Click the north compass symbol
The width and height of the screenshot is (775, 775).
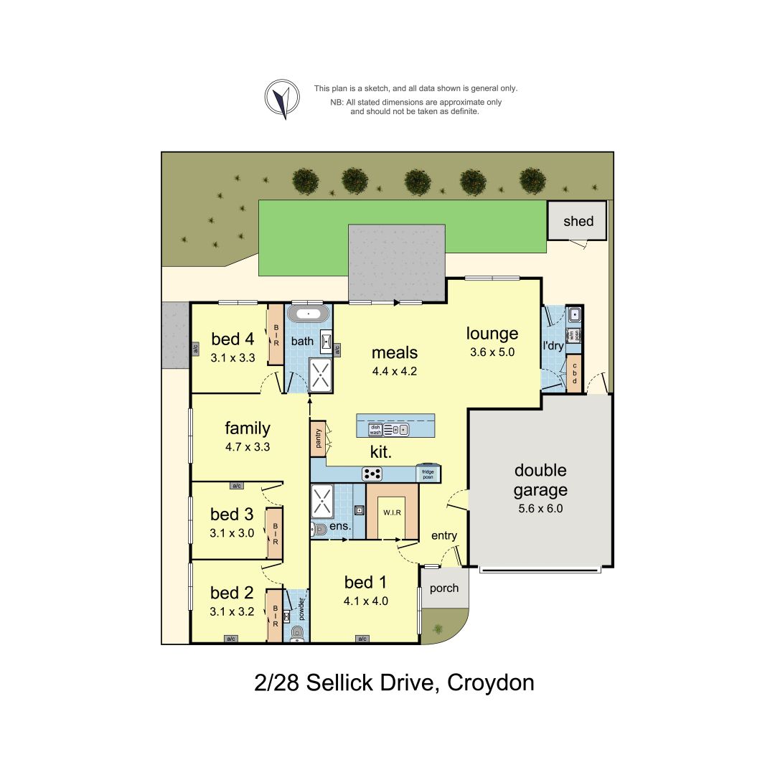tap(282, 98)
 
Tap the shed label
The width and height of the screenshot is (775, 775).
tap(578, 221)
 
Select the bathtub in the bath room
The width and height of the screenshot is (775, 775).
tap(309, 314)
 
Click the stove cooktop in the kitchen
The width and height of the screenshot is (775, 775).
tap(372, 473)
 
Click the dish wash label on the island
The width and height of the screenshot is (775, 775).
tap(375, 429)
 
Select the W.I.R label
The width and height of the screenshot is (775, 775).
tap(392, 512)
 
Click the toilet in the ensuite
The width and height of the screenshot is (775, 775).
tap(319, 530)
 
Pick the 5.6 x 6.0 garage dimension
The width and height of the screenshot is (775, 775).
tap(540, 508)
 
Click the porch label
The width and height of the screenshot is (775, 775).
tap(443, 588)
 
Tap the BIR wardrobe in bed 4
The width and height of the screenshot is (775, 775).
tap(275, 335)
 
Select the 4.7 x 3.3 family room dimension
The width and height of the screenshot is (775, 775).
tap(247, 446)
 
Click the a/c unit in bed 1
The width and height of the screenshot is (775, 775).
tap(362, 639)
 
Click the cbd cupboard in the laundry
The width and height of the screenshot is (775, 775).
tap(574, 374)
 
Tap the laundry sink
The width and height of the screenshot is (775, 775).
tap(574, 314)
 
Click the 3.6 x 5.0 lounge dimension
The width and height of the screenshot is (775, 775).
tap(492, 352)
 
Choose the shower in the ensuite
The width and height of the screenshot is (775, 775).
tap(321, 500)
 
